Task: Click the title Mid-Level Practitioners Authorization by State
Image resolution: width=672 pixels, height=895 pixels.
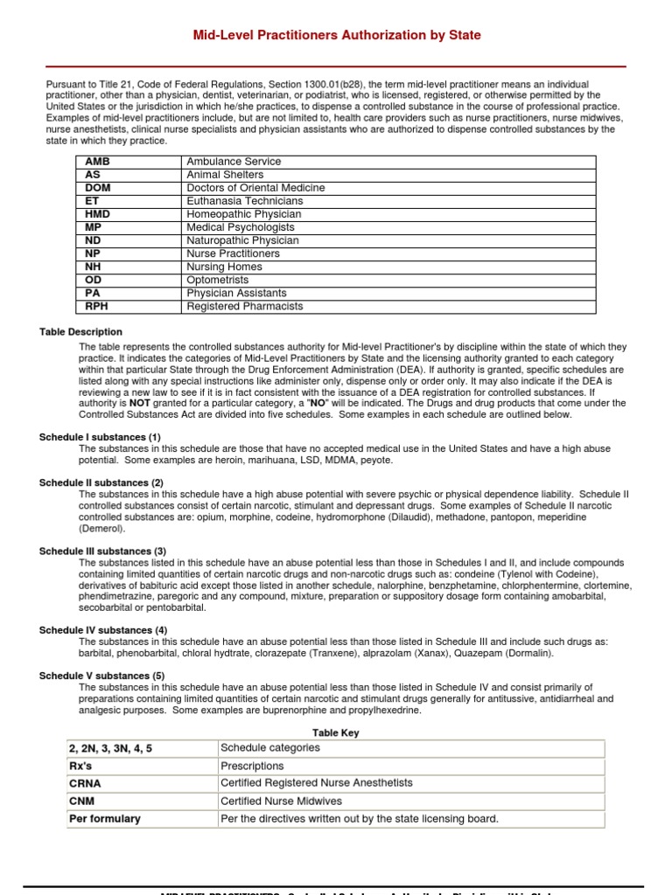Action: pos(336,35)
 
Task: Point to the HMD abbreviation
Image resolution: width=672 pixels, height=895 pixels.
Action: pos(97,214)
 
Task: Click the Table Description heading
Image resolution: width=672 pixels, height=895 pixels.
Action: pos(80,332)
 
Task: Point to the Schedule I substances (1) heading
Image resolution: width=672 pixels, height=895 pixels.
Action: pos(100,437)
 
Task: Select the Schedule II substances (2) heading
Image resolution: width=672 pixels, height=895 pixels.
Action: pos(101,482)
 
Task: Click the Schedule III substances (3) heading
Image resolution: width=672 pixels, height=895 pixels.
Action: pos(103,552)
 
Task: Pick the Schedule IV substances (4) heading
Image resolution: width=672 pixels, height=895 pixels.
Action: pos(103,630)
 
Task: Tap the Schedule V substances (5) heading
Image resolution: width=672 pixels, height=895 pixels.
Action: pos(101,676)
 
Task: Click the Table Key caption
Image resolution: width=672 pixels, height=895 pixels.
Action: pos(336,733)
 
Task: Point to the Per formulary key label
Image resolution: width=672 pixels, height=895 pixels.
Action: pos(104,819)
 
